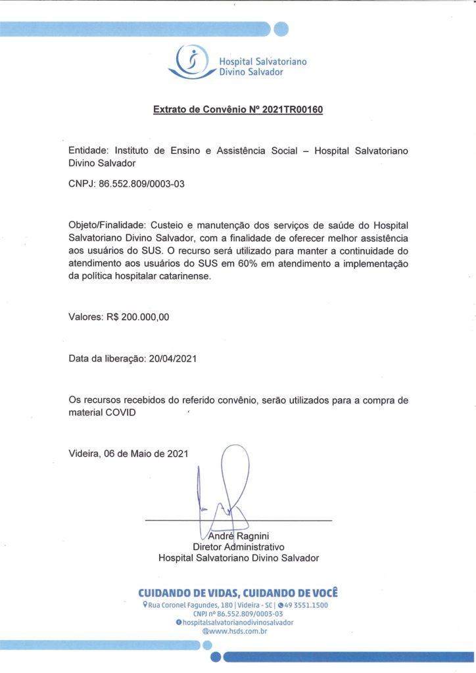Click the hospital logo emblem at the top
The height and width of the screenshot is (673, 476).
[191, 61]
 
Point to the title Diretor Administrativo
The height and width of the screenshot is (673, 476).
[237, 547]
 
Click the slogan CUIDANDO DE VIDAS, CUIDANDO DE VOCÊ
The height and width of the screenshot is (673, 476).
[237, 592]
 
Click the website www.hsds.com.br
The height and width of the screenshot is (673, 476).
[239, 631]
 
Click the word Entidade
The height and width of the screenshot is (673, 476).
[90, 151]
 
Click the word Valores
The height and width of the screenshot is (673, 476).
[84, 317]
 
